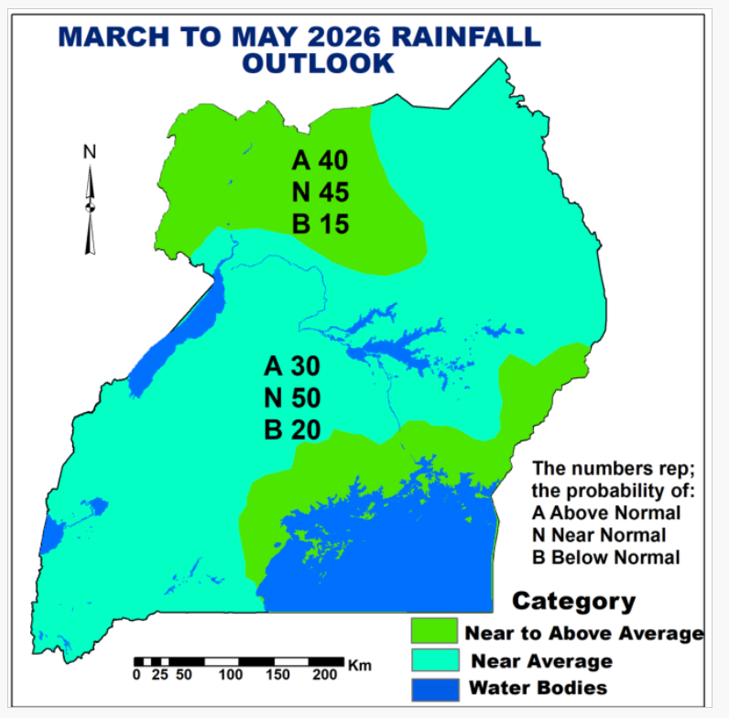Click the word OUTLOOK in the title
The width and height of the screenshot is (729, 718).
pyautogui.click(x=319, y=63)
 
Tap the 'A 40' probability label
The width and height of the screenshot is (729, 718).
pyautogui.click(x=320, y=161)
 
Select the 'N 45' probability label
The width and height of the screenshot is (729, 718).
pyautogui.click(x=320, y=192)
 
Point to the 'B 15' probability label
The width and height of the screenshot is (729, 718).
pyautogui.click(x=321, y=223)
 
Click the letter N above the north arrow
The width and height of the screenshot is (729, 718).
pyautogui.click(x=90, y=152)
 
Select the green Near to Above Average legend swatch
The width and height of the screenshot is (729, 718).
pyautogui.click(x=433, y=632)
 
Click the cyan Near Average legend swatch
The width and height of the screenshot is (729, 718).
pyautogui.click(x=433, y=660)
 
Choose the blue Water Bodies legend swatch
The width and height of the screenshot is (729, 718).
pyautogui.click(x=433, y=688)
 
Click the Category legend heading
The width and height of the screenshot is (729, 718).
pyautogui.click(x=573, y=602)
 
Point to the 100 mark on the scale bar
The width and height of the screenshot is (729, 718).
pyautogui.click(x=230, y=675)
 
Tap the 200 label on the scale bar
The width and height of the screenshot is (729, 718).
pyautogui.click(x=325, y=675)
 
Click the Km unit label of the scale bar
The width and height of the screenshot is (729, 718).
pyautogui.click(x=360, y=666)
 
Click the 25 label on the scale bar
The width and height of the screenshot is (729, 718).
pyautogui.click(x=159, y=675)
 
